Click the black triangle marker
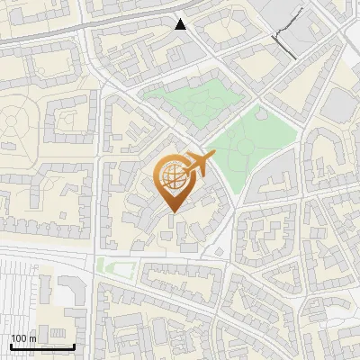point(181,24)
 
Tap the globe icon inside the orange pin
point(172,177)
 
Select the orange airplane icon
point(199,165)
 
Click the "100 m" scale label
point(23,338)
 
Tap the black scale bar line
point(41,346)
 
